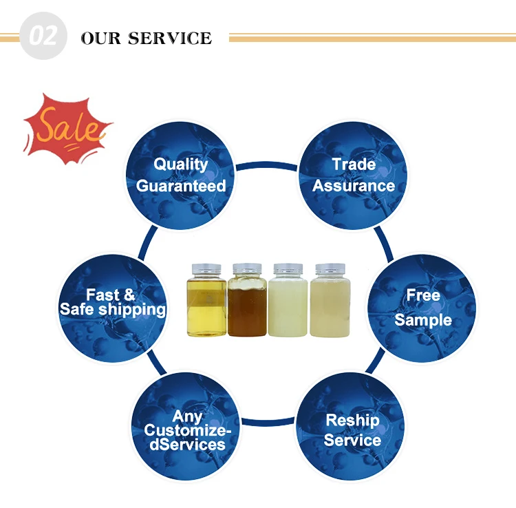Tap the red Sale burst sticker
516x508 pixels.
tap(67, 127)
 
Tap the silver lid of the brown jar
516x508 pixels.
tap(247, 267)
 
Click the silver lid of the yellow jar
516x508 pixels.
tap(206, 267)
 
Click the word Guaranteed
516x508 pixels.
tap(181, 186)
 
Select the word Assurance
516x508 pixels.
tap(354, 185)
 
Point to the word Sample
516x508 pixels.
tap(423, 320)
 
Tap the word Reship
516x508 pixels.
tap(352, 419)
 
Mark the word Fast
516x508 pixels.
tap(103, 295)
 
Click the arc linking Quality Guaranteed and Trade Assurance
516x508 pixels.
tap(267, 165)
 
